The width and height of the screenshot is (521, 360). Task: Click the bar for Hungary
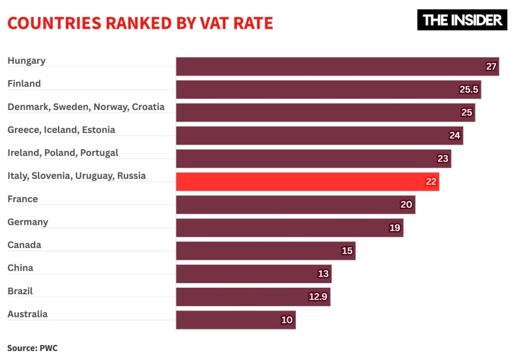[337, 66]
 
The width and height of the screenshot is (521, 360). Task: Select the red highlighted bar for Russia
[307, 182]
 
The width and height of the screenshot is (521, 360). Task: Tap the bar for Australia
[235, 320]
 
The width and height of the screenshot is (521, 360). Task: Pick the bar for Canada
[265, 251]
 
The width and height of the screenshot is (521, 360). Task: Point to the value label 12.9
[318, 297]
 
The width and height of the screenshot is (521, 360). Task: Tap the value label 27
[492, 66]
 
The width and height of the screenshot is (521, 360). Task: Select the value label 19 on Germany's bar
[395, 228]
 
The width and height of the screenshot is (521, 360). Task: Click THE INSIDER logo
[462, 20]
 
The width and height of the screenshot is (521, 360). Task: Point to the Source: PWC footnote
[33, 348]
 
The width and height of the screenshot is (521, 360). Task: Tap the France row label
[23, 199]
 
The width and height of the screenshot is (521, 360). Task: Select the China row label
[20, 268]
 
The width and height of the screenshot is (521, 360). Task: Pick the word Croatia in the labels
[148, 107]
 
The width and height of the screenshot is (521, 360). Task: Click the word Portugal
[100, 152]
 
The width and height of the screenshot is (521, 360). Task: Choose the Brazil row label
[20, 291]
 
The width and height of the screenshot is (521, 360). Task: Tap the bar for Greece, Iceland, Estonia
[319, 135]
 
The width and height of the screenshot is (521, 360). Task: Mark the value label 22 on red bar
[431, 182]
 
